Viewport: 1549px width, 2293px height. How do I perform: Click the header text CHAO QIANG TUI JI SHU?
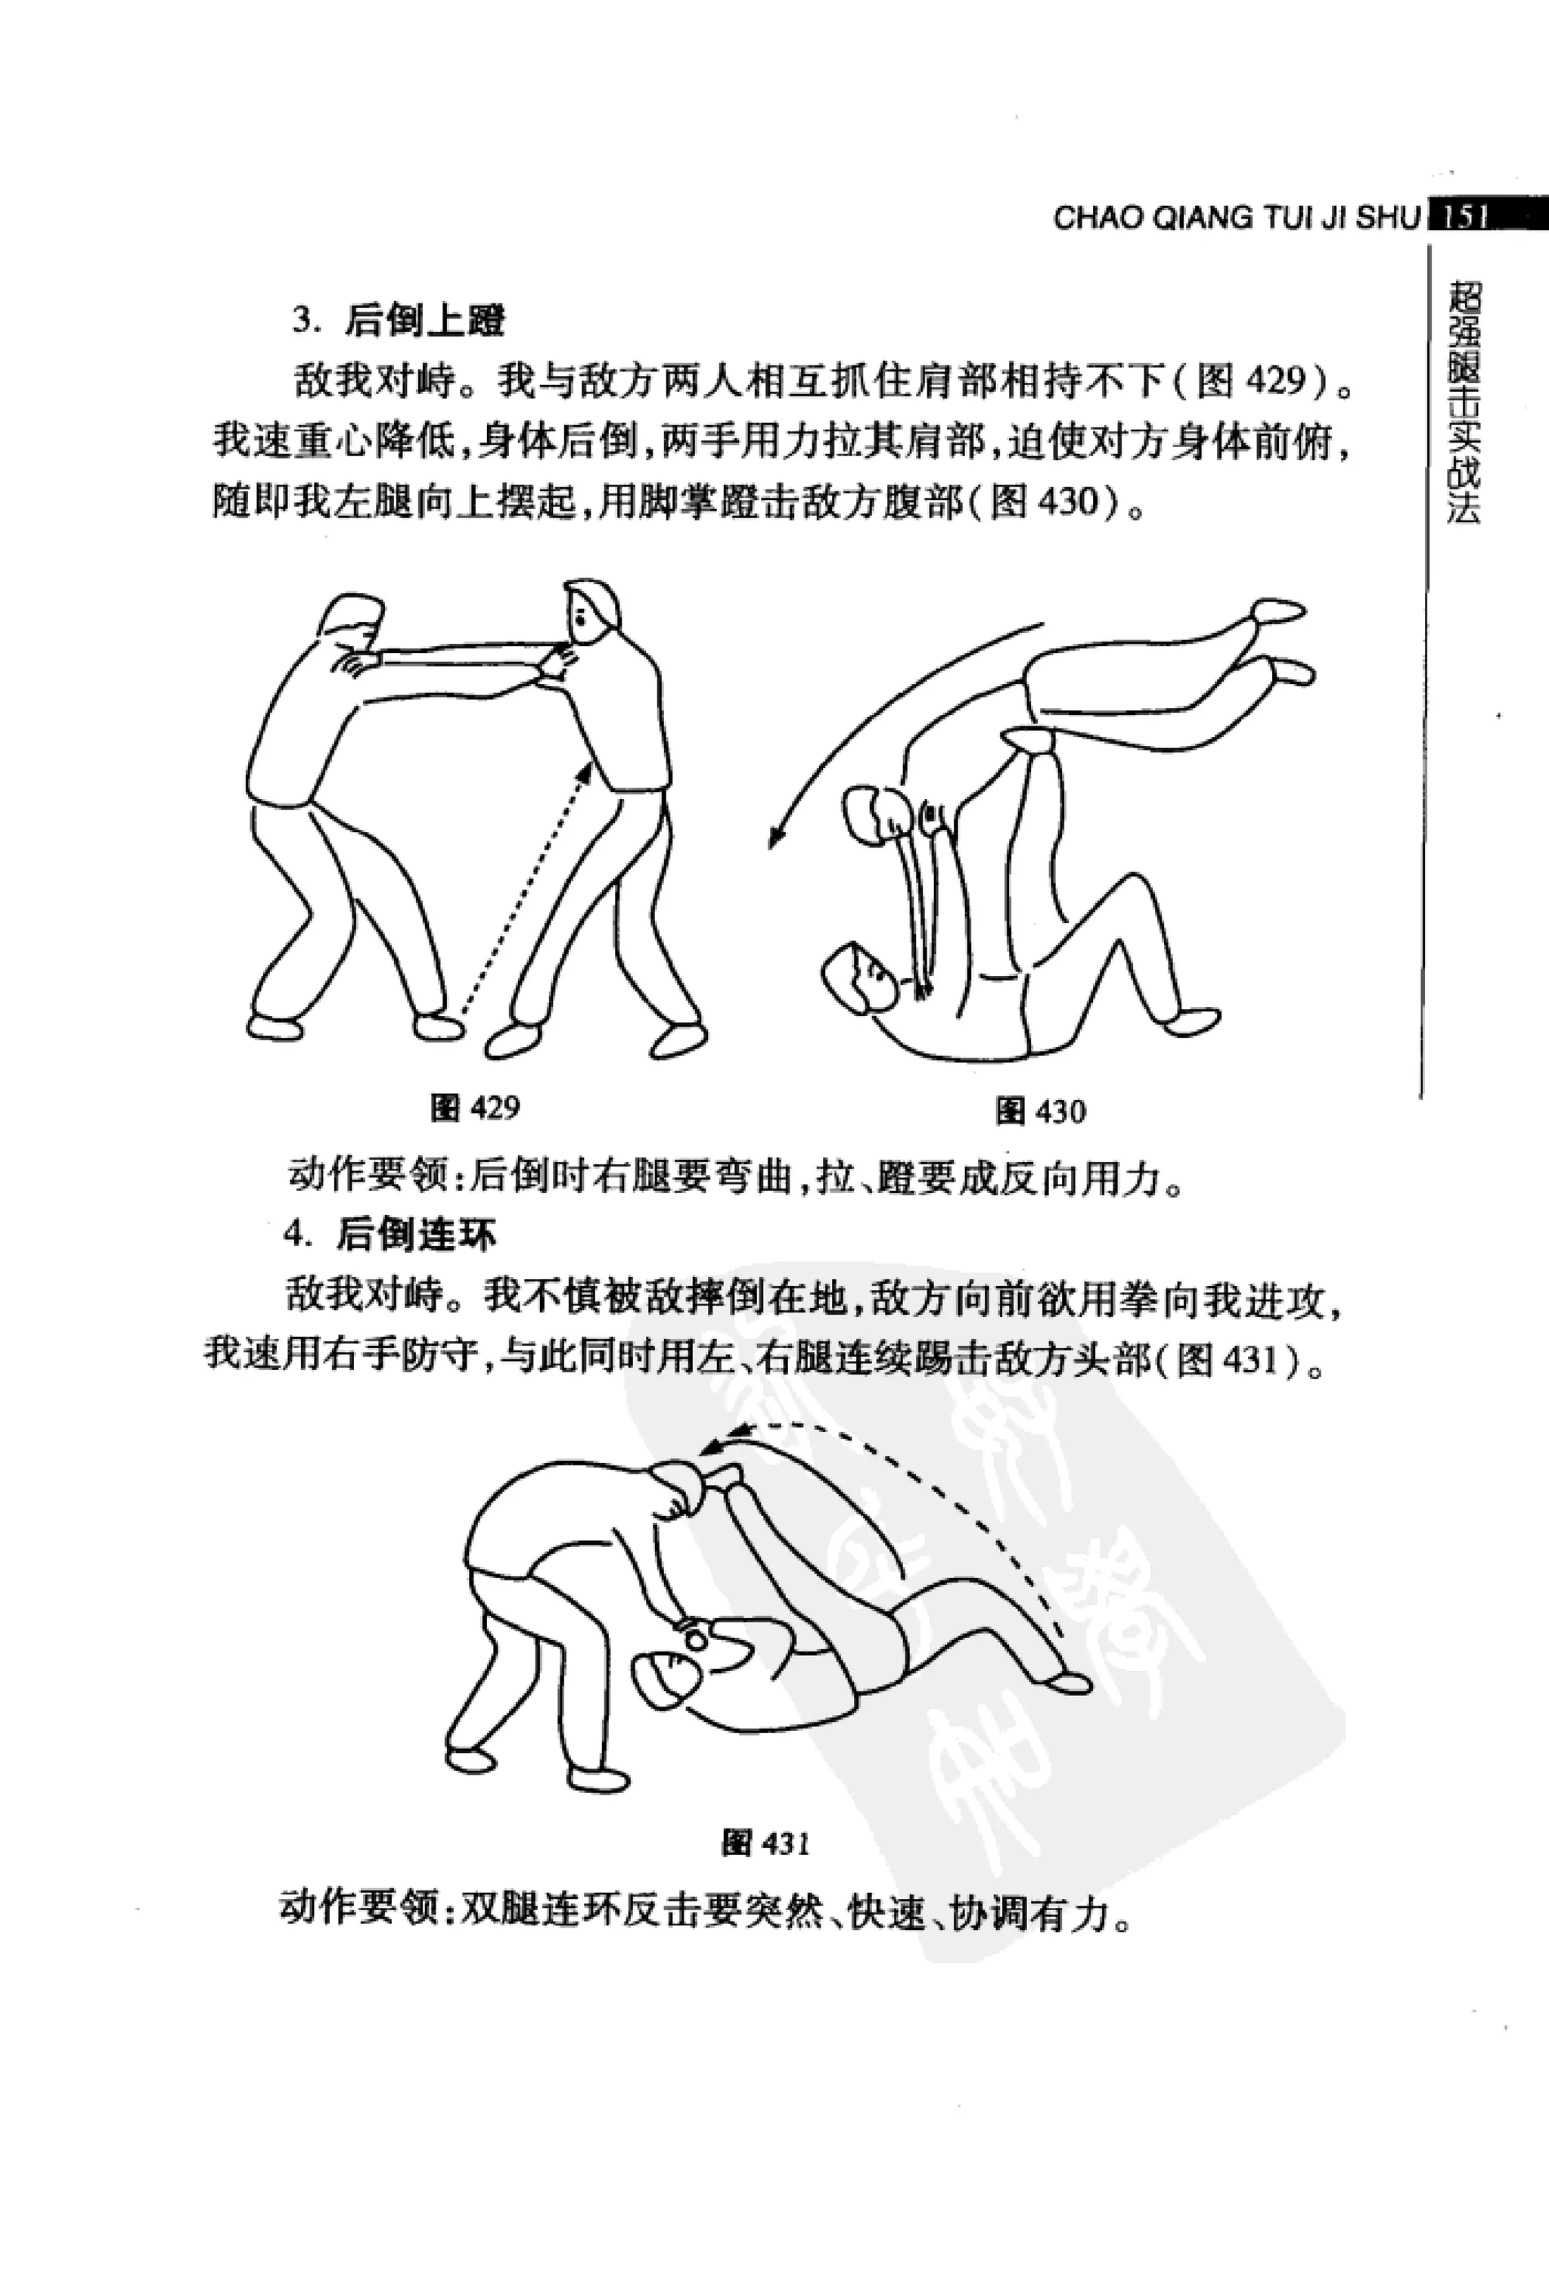point(1237,218)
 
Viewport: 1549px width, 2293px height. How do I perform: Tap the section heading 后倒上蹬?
point(424,321)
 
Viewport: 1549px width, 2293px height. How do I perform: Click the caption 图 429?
point(476,1108)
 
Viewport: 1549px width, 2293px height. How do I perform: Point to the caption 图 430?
point(1041,1112)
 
